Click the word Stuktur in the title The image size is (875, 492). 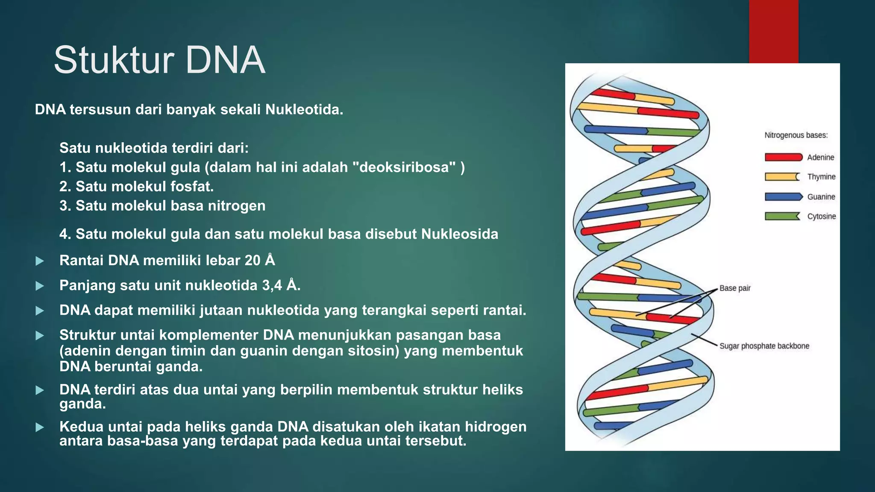114,61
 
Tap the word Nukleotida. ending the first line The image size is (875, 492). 304,110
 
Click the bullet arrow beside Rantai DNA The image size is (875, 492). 40,261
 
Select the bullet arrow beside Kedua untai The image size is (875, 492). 40,427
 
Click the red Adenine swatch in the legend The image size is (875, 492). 783,157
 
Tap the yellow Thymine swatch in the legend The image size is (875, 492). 782,177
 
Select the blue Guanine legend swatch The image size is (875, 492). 783,197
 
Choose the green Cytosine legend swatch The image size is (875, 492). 782,217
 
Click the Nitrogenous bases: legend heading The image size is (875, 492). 796,135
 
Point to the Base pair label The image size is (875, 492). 734,288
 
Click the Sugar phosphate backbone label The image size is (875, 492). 764,346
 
